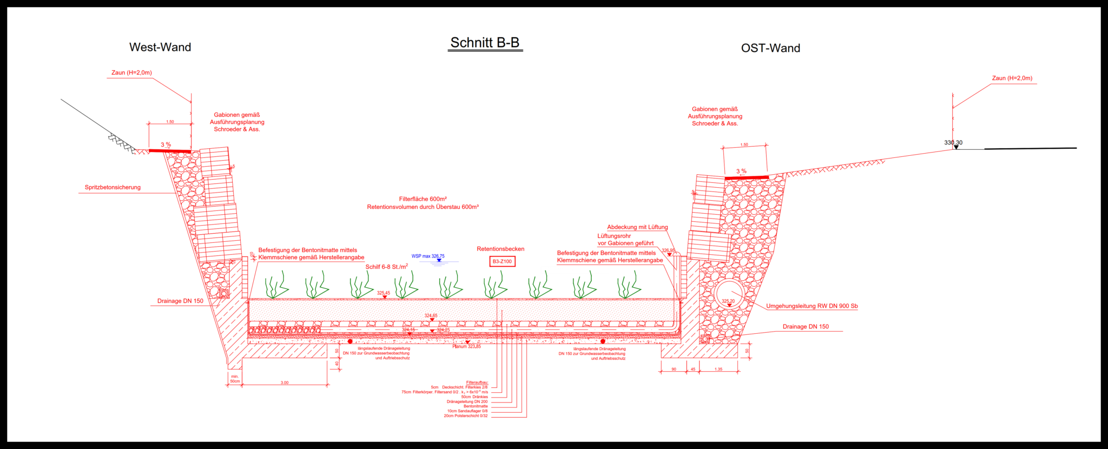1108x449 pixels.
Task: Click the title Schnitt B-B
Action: coord(485,43)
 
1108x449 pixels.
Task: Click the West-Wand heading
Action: coord(160,47)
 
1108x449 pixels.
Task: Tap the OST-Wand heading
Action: coord(770,48)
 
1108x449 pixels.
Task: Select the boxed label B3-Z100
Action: coord(502,262)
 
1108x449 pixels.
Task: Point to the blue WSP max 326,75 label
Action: coord(428,256)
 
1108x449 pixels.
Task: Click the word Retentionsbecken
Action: coord(500,249)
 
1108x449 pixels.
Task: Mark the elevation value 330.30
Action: coord(953,143)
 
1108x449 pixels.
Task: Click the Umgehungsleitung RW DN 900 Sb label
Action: coord(812,306)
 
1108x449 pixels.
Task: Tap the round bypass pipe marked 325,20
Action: coord(729,295)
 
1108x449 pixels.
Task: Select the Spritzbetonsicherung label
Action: coord(113,187)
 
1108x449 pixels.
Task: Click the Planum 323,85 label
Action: coord(467,346)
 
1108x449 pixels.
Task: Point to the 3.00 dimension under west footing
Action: coord(285,382)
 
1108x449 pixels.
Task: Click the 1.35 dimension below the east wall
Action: coord(718,369)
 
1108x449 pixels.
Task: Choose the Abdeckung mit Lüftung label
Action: coord(637,227)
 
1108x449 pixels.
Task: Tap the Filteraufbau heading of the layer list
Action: coord(477,382)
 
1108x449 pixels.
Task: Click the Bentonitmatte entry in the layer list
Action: coord(476,406)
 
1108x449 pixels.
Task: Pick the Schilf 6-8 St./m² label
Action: coord(386,267)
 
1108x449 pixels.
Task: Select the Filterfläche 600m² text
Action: coord(423,199)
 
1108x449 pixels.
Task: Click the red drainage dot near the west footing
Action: coord(350,341)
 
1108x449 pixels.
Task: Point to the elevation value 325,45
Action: coord(384,293)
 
